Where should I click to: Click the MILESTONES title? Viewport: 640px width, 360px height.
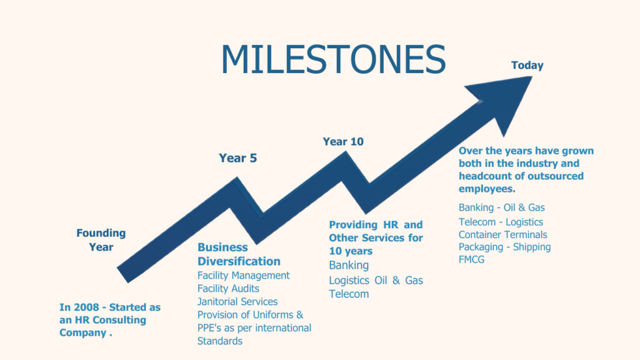[334, 59]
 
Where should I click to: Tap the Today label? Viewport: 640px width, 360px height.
[527, 65]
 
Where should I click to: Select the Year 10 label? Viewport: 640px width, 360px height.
[343, 142]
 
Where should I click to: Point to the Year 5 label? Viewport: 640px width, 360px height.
[238, 158]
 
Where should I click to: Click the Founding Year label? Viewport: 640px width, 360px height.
[101, 240]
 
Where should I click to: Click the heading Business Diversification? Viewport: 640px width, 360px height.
[239, 254]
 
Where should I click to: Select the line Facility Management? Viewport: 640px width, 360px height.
[244, 276]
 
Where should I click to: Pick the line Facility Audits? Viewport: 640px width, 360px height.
[228, 289]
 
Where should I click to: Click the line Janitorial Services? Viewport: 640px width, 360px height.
[237, 302]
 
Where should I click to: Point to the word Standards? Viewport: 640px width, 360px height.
[220, 341]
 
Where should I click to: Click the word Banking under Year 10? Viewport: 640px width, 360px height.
[349, 265]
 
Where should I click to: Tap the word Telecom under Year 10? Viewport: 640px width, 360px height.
[349, 294]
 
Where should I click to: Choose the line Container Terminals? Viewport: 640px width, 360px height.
[503, 235]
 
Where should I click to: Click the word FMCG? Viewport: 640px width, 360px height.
[471, 259]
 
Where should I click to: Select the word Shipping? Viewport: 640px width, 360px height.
[532, 247]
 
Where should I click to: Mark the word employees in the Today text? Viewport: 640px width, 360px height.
[487, 189]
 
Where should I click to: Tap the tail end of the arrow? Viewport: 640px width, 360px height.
[123, 275]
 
